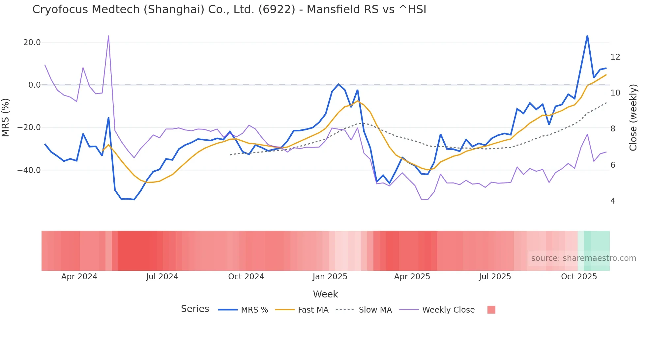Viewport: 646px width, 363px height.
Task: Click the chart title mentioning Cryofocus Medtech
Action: point(229,10)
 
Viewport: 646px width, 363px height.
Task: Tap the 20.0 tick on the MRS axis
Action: point(32,42)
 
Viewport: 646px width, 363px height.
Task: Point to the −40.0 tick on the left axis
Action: point(29,170)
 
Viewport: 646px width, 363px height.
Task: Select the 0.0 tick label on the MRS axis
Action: point(35,85)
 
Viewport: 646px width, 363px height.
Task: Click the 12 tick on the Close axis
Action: point(615,57)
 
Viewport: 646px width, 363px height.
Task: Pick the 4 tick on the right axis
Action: point(613,201)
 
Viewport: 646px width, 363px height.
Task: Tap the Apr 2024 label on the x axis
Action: point(79,277)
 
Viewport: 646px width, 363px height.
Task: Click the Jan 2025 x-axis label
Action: point(330,277)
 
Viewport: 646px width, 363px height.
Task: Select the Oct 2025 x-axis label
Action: point(579,277)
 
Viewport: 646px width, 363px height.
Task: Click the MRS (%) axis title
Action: point(6,117)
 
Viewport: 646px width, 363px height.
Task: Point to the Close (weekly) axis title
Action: point(633,118)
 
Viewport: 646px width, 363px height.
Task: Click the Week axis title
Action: point(325,294)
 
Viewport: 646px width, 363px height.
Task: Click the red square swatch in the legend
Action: point(491,310)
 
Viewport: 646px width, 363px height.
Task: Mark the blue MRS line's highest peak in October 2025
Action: point(587,36)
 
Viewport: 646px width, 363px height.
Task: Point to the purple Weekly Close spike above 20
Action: point(108,36)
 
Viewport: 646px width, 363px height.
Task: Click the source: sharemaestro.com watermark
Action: point(583,258)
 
